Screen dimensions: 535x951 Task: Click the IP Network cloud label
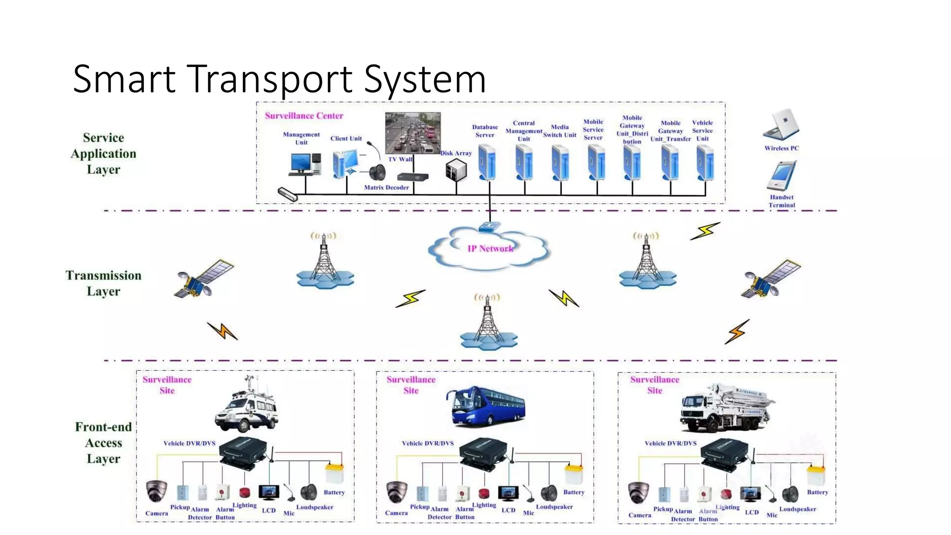click(490, 248)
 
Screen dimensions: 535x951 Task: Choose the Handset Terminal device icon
click(782, 176)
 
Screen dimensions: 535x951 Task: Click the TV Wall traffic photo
click(412, 133)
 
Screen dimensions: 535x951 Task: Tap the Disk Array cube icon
click(456, 170)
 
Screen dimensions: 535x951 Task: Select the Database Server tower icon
click(487, 162)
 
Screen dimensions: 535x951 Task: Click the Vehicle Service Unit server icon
click(705, 162)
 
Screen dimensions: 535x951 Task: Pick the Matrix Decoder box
click(413, 177)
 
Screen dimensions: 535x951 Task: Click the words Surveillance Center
click(304, 116)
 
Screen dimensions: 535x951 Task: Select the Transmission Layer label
click(103, 283)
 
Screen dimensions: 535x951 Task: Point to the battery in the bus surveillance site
click(574, 474)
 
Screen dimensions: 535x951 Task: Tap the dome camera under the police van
click(156, 491)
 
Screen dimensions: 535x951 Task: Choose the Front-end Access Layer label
click(103, 443)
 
